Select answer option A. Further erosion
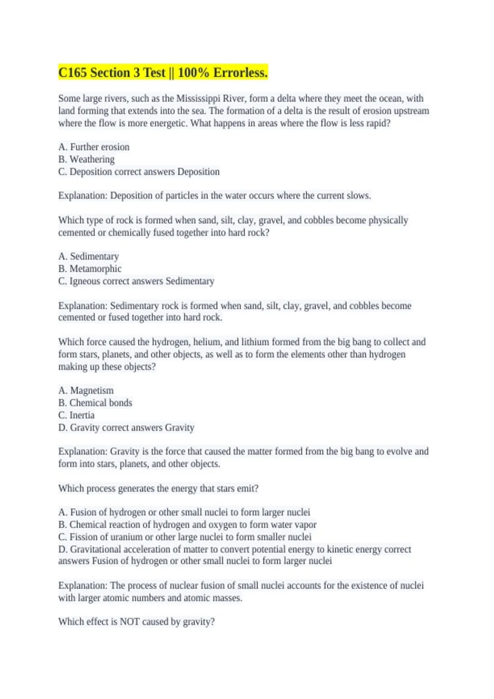tap(94, 147)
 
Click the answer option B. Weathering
tap(86, 160)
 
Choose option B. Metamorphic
tap(90, 269)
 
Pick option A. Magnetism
tap(86, 391)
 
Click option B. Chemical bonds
tap(95, 403)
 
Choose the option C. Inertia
tap(77, 415)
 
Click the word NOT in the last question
tap(129, 622)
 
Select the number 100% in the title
tap(193, 73)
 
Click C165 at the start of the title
tap(72, 73)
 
